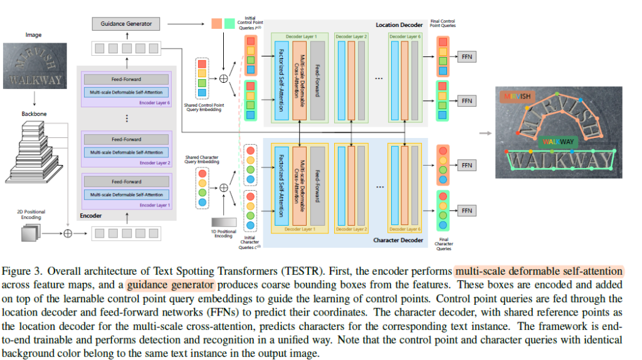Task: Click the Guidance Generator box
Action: [x=126, y=24]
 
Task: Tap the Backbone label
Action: [x=34, y=114]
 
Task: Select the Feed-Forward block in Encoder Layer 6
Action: [x=126, y=80]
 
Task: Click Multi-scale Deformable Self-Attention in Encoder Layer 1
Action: [x=126, y=195]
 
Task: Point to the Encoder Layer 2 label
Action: [x=154, y=162]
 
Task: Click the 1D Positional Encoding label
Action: [x=224, y=233]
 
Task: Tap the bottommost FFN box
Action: [x=466, y=210]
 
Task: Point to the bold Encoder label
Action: [x=90, y=215]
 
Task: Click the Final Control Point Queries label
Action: [x=443, y=24]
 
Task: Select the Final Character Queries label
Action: [x=444, y=244]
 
